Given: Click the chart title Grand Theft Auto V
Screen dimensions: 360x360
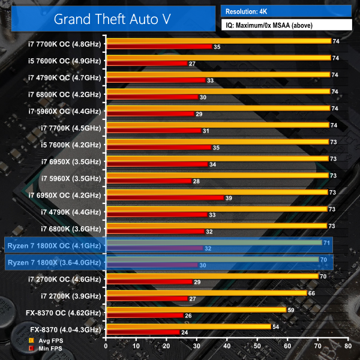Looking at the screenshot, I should pos(112,18).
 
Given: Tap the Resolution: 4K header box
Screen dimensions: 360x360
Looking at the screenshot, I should pos(286,11).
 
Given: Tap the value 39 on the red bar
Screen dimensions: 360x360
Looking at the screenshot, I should pos(228,198).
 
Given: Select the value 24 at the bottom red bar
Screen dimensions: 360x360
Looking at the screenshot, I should pos(185,332).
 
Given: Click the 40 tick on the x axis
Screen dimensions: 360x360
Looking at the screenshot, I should pos(226,346).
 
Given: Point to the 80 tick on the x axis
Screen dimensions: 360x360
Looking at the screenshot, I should pos(347,346).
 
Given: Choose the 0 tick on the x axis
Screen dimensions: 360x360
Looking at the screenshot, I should pos(106,346).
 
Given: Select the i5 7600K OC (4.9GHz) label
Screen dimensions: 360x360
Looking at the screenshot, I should pos(64,60).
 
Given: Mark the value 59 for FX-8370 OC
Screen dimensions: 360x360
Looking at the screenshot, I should pos(291,310).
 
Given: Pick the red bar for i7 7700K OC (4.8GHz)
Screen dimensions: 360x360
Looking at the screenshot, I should pos(158,46).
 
